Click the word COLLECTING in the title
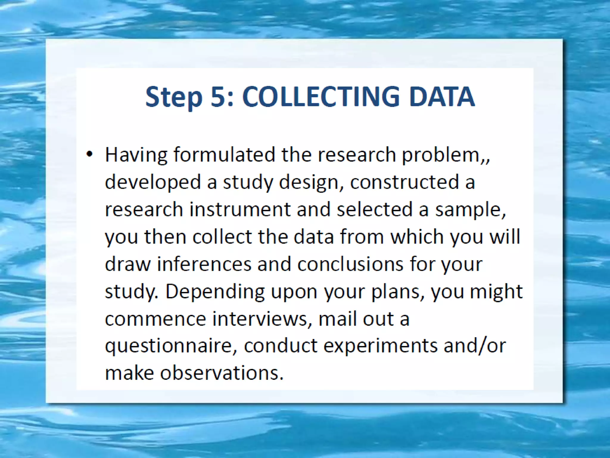tap(321, 97)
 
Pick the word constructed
tap(404, 182)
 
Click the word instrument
tap(240, 209)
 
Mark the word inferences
tap(204, 264)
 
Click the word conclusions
tap(350, 264)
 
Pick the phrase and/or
tap(474, 346)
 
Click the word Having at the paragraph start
tap(136, 155)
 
